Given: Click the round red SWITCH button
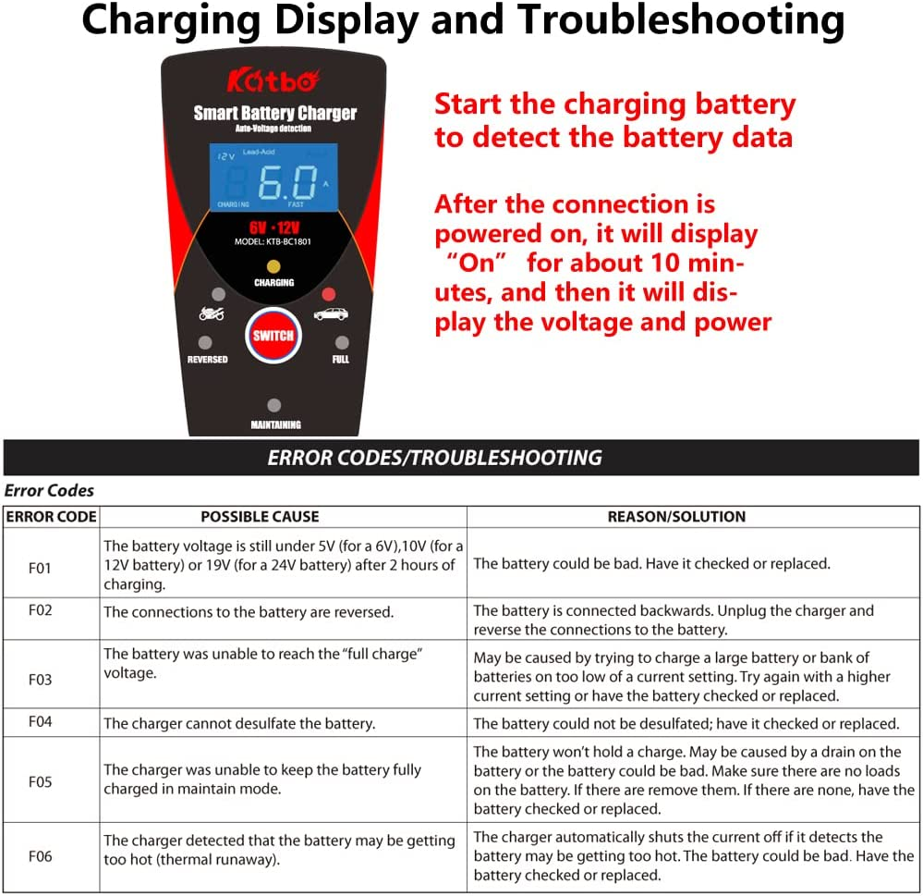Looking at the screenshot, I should [273, 336].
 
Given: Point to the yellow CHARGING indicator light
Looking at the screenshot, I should [273, 266].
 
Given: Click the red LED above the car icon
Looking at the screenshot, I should [327, 295].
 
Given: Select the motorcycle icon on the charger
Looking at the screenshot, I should [212, 314].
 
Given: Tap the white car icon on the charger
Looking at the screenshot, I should [330, 314].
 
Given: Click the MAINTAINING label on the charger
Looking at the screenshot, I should [275, 425].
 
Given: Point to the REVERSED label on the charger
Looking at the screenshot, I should [207, 359].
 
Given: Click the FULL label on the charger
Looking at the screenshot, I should [340, 359].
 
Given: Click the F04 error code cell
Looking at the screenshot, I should [41, 722].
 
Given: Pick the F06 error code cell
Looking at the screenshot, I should [41, 856].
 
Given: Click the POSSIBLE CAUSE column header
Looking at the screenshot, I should [260, 517].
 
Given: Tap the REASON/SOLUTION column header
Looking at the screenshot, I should [676, 517].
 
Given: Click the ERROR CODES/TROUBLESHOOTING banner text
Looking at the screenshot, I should [434, 458].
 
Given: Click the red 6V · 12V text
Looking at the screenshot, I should [273, 227].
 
